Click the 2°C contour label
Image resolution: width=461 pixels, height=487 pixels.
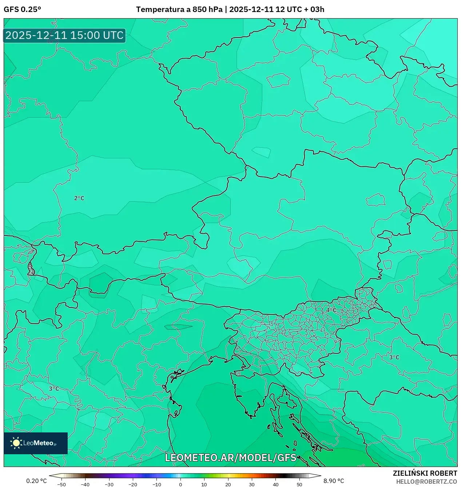click(79, 198)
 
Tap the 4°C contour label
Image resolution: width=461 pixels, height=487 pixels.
click(331, 310)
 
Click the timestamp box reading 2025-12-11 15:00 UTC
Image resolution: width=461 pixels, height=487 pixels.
click(64, 35)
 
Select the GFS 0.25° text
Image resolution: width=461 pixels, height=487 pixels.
click(22, 9)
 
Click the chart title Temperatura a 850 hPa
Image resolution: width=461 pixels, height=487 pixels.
click(179, 9)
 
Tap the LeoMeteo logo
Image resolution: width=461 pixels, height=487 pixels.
click(36, 443)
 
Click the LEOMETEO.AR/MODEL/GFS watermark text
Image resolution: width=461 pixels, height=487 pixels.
click(231, 458)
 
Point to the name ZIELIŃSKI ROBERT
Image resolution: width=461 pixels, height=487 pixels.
click(425, 473)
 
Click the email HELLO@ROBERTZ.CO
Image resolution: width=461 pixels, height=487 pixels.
click(426, 482)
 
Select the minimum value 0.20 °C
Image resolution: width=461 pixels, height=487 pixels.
click(36, 481)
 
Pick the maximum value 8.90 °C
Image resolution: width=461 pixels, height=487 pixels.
click(334, 481)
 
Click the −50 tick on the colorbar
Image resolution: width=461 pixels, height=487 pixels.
click(61, 484)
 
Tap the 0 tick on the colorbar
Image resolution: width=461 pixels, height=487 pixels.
click(180, 484)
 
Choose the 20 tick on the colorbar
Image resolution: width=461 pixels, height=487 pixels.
click(228, 484)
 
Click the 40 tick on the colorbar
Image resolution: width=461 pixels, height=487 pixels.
click(275, 484)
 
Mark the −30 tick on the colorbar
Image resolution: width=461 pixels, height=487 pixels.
click(109, 484)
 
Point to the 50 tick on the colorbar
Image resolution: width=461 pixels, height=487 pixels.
click(299, 484)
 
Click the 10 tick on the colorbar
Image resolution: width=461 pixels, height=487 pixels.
click(204, 484)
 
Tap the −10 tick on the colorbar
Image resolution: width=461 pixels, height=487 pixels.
click(156, 484)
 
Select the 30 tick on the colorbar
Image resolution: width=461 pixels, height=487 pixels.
click(252, 484)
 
